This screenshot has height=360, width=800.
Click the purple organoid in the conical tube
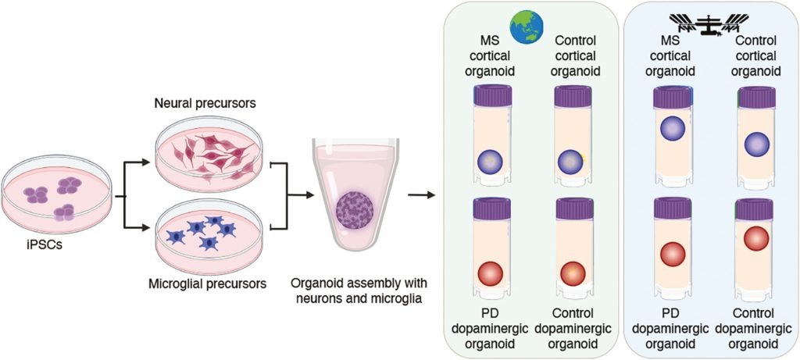click(356, 212)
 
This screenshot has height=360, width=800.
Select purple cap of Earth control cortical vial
click(570, 96)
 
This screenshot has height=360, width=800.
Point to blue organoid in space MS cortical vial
click(672, 128)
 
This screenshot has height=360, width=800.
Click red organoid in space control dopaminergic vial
click(755, 239)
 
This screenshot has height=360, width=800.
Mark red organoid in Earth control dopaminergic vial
click(570, 274)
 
